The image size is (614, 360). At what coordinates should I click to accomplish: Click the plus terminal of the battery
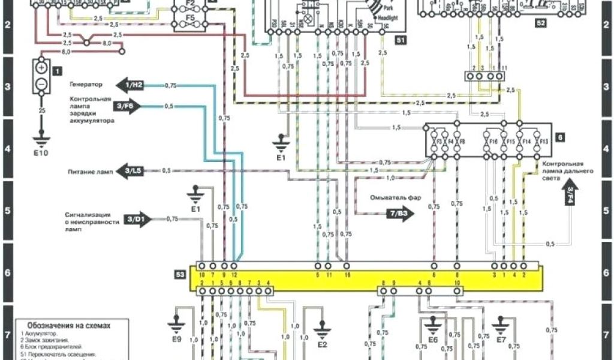click(x=41, y=67)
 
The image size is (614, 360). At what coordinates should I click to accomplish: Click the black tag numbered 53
click(x=180, y=275)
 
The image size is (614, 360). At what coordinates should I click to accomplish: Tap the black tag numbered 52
click(x=541, y=24)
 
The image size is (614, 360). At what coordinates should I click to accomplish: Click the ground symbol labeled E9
click(x=176, y=325)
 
